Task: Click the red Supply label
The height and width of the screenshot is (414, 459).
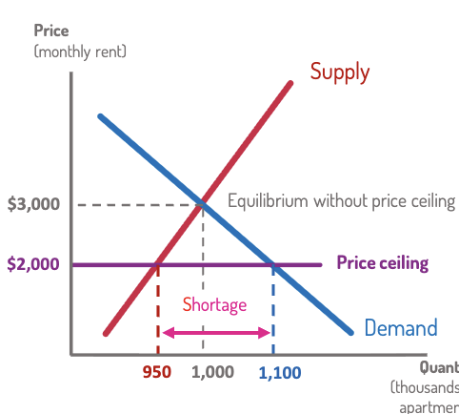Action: point(339,72)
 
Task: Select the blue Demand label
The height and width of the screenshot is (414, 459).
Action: point(400,329)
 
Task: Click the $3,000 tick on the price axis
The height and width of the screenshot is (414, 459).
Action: point(34,204)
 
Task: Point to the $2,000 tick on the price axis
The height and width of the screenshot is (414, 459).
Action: point(34,263)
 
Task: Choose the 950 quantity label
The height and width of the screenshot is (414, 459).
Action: point(156,372)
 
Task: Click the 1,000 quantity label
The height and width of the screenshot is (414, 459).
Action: point(212,372)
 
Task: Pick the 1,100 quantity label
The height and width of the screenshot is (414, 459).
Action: point(277,372)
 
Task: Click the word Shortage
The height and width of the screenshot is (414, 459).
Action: point(214,305)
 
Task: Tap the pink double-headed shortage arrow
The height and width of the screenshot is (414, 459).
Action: point(216,332)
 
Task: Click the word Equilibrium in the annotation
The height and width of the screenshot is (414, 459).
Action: point(269,201)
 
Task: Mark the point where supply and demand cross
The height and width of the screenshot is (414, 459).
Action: point(202,203)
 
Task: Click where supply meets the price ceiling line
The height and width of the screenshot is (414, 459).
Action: point(157,263)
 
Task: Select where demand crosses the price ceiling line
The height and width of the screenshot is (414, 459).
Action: point(273,263)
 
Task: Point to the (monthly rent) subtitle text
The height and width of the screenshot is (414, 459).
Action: point(80,51)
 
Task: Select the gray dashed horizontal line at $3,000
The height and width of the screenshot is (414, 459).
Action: point(133,204)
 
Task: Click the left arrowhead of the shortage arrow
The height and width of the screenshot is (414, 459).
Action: point(166,332)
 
